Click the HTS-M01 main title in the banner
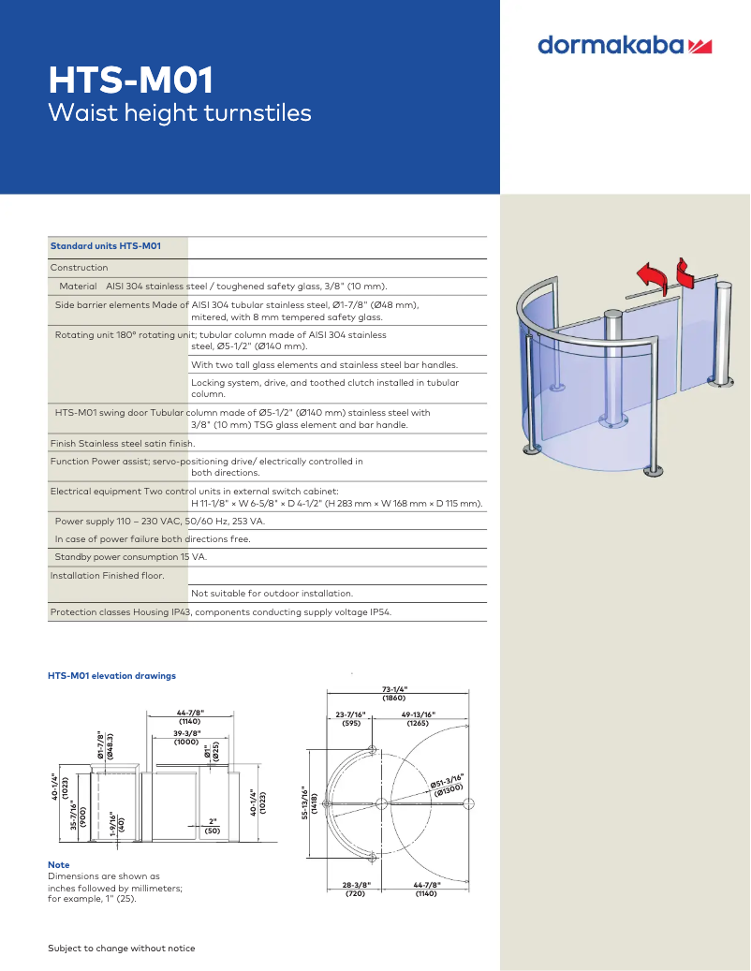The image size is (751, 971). coord(131,81)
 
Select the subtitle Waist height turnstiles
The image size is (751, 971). coord(179,113)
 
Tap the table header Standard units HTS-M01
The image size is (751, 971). coord(106,246)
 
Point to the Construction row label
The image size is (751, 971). coord(79,268)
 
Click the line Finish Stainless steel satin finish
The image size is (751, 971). coord(123,443)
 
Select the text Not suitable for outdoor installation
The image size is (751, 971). coord(272,593)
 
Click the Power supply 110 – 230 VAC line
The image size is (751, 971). coord(159,521)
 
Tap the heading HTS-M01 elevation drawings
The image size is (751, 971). coord(111,675)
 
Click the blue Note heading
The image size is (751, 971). coord(58,864)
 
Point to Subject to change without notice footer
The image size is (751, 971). coord(122,948)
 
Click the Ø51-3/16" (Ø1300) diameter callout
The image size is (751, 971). coord(447,785)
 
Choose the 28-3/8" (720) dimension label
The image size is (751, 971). coord(355,889)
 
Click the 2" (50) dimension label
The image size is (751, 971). coord(213,826)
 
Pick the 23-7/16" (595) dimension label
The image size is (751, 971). coord(351,719)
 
